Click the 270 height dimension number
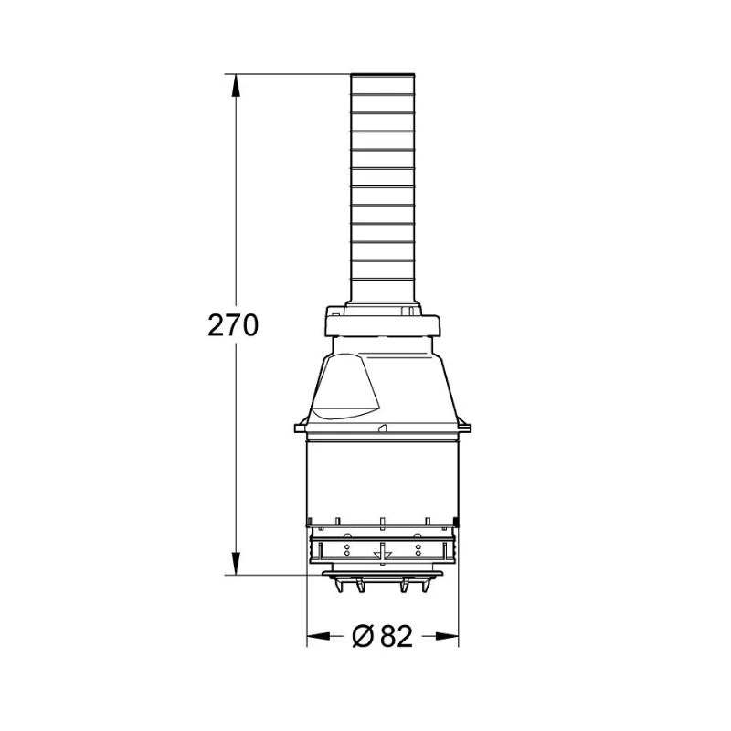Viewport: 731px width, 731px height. pyautogui.click(x=233, y=325)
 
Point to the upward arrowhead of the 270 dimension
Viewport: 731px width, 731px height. pyautogui.click(x=238, y=84)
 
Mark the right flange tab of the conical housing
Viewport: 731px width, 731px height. pyautogui.click(x=466, y=425)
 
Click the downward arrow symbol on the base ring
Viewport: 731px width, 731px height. pyautogui.click(x=382, y=552)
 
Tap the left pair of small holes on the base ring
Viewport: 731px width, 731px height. pyautogui.click(x=346, y=550)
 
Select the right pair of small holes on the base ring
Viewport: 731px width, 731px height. pyautogui.click(x=418, y=550)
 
